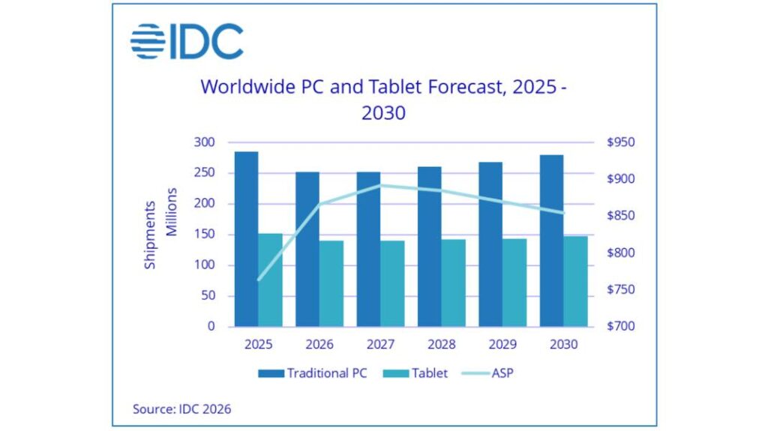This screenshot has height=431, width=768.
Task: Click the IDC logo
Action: [187, 41]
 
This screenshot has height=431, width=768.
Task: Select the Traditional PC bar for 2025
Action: [246, 239]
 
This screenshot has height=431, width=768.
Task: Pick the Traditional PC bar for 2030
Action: [551, 241]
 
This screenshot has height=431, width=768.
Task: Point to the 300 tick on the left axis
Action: [205, 142]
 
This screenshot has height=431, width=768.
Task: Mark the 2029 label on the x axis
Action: [502, 345]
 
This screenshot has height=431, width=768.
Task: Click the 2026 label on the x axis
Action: [319, 345]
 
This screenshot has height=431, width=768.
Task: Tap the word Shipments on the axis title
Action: [151, 235]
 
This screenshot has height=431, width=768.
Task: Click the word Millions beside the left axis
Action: [172, 212]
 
